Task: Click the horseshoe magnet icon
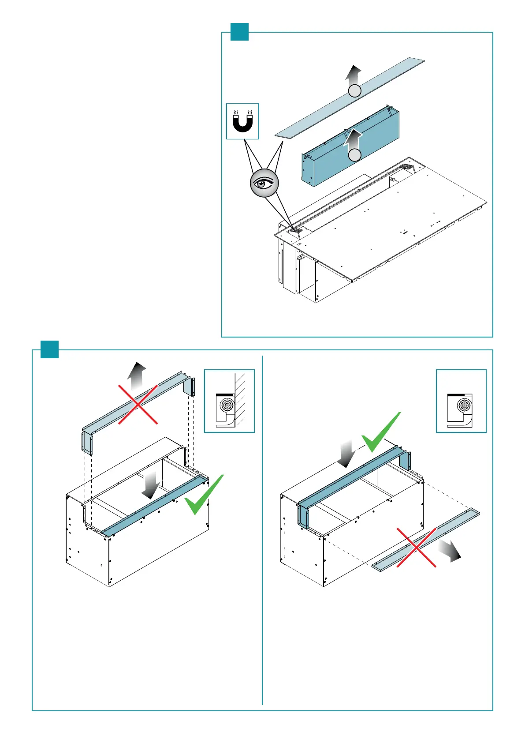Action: tap(242, 121)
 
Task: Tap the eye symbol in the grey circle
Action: tap(264, 183)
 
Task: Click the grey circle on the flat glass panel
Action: tap(355, 91)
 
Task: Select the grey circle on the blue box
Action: tap(355, 155)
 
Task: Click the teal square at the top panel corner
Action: tap(239, 32)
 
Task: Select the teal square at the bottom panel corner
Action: tap(49, 349)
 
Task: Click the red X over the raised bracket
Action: tap(138, 404)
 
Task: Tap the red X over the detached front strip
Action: tap(417, 547)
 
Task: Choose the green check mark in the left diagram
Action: tap(204, 495)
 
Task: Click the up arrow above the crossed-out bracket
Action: tap(137, 376)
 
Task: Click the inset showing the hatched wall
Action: tap(229, 401)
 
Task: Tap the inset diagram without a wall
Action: tap(461, 401)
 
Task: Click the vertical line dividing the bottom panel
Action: tap(262, 529)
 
